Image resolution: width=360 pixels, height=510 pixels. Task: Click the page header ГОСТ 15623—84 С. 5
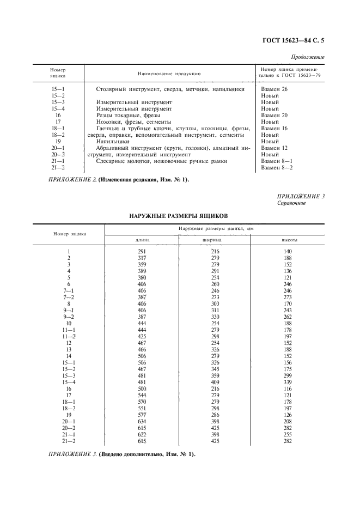point(293,39)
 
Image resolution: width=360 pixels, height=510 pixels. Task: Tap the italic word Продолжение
point(308,57)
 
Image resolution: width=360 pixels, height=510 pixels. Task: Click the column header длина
point(143,240)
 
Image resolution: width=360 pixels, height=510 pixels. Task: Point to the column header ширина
point(215,240)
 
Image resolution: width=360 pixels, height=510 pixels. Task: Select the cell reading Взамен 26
point(274,89)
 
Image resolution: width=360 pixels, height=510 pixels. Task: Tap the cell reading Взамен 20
point(274,116)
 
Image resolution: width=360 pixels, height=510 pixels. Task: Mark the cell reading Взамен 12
point(274,148)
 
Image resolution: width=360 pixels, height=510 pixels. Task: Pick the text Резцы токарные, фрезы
point(128,116)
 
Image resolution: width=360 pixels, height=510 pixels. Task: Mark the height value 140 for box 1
point(288,251)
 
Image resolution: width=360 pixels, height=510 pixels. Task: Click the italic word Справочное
point(292,203)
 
